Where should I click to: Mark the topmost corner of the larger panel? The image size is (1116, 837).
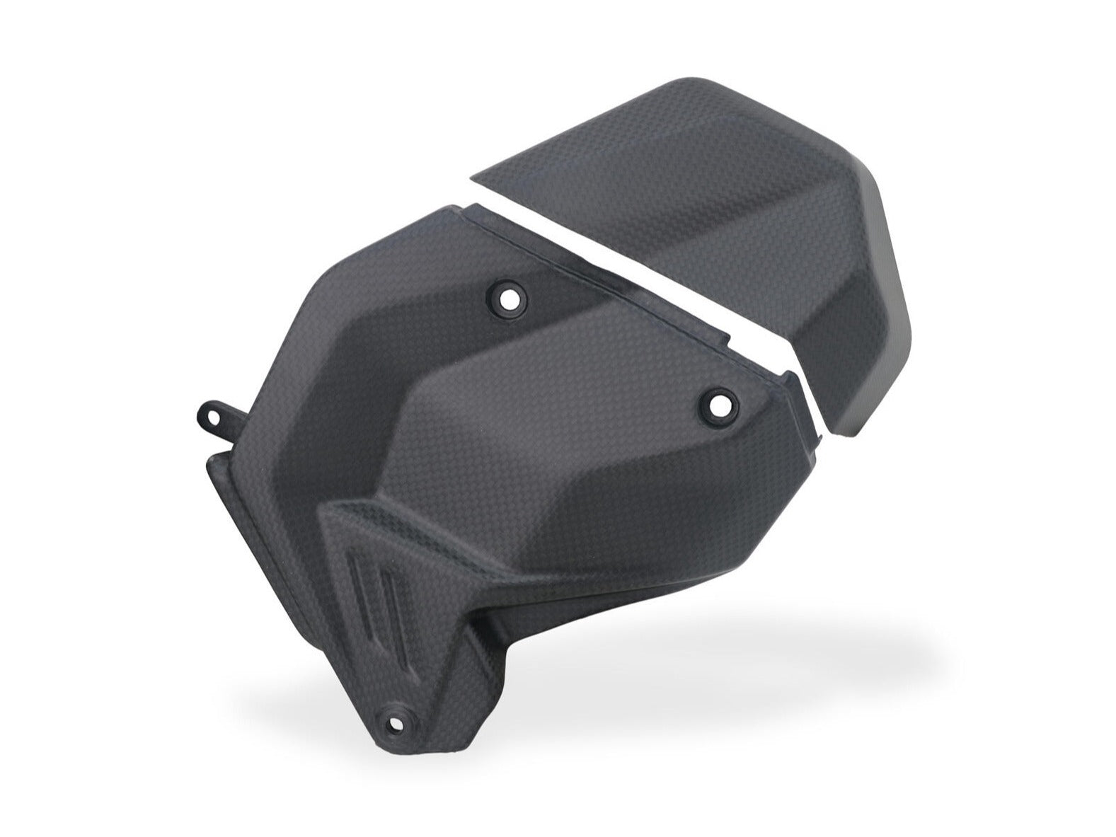pyautogui.click(x=453, y=207)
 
